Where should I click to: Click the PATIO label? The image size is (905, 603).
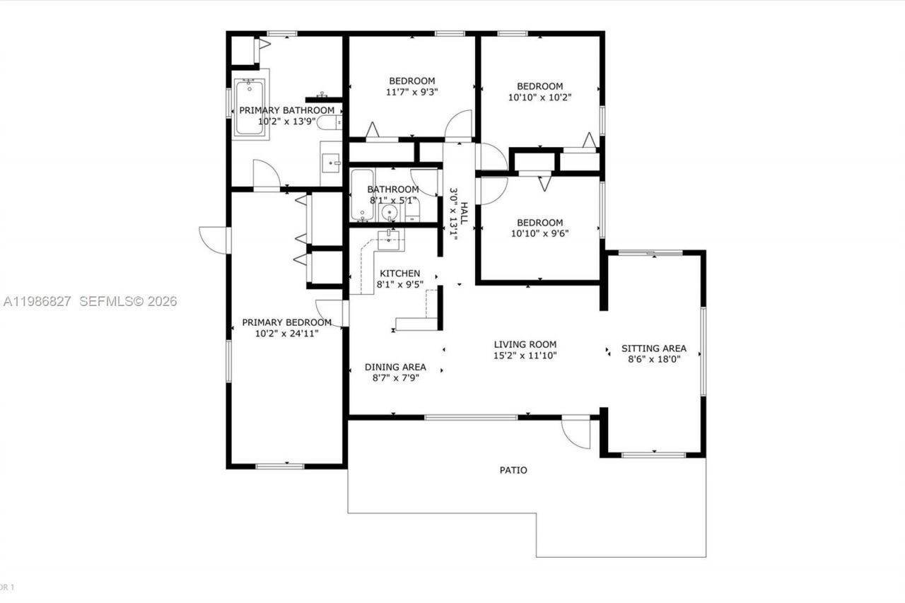[x=513, y=470]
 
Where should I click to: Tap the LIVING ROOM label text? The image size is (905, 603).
[x=525, y=344]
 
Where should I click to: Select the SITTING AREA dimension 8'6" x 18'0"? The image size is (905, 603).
[x=653, y=359]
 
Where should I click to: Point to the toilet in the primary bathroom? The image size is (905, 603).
[x=328, y=123]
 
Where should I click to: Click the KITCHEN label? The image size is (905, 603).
[x=399, y=274]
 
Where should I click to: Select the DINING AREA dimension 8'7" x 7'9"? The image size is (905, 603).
[x=395, y=378]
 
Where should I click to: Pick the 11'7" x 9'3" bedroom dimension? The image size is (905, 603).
[x=412, y=92]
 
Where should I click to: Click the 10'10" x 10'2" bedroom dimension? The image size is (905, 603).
[x=539, y=98]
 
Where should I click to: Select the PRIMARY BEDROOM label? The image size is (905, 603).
[x=286, y=322]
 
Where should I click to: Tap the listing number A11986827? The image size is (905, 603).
[x=37, y=302]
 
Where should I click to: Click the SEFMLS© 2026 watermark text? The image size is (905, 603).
[x=127, y=302]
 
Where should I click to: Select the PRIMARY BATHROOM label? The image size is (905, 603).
[x=286, y=110]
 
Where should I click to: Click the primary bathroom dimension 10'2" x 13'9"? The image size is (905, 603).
[x=286, y=122]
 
